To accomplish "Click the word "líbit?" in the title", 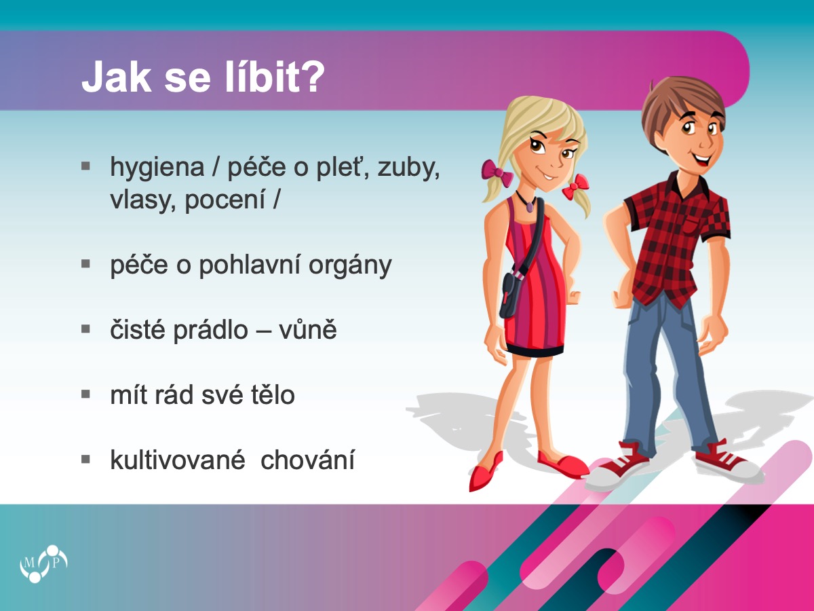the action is click(275, 77).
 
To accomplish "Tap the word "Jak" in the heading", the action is click(117, 77).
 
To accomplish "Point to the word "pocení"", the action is click(225, 200).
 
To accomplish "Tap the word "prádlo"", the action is click(211, 330).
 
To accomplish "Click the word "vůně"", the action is click(308, 329).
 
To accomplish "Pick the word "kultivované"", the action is click(178, 460).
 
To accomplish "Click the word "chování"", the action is click(307, 460).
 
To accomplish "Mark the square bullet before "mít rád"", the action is click(85, 394).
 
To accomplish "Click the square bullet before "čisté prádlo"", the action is click(85, 329).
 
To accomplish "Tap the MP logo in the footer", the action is click(43, 563).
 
